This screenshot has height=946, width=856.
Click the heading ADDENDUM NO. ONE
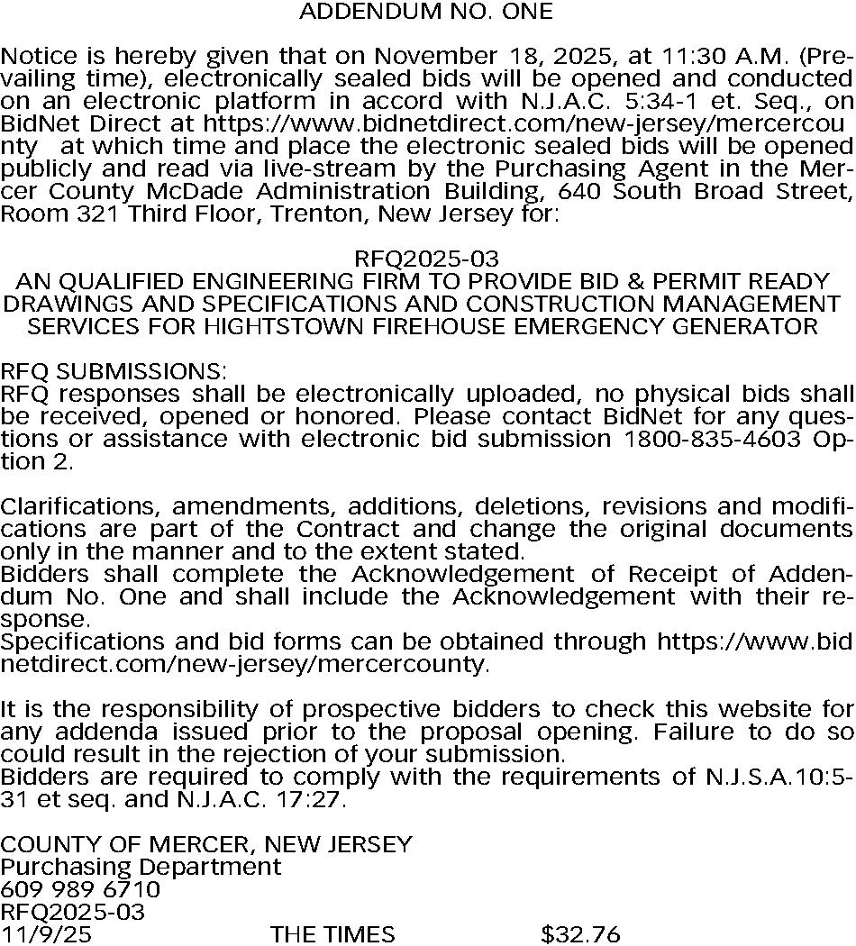[425, 12]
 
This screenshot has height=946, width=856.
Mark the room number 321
[87, 214]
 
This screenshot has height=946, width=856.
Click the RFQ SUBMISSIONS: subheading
[114, 371]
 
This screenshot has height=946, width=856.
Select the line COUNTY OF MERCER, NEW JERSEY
[206, 844]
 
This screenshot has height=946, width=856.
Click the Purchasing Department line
[141, 867]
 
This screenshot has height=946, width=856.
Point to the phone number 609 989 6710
[80, 889]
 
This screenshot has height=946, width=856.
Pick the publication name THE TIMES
[332, 934]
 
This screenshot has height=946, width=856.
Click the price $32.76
[580, 934]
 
